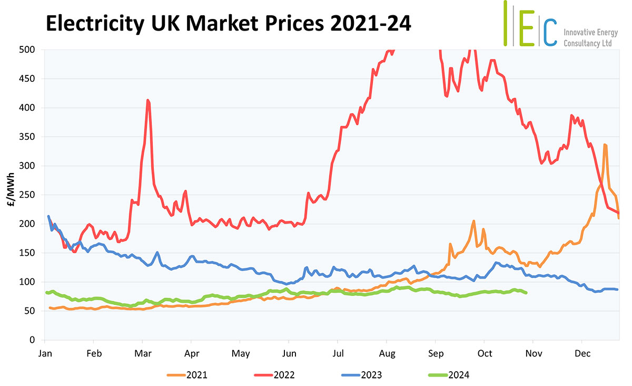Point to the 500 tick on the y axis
(27, 50)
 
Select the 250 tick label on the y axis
(27, 195)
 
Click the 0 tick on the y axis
(32, 340)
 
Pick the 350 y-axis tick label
(27, 137)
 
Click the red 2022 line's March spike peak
(148, 100)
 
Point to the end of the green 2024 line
(526, 293)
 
